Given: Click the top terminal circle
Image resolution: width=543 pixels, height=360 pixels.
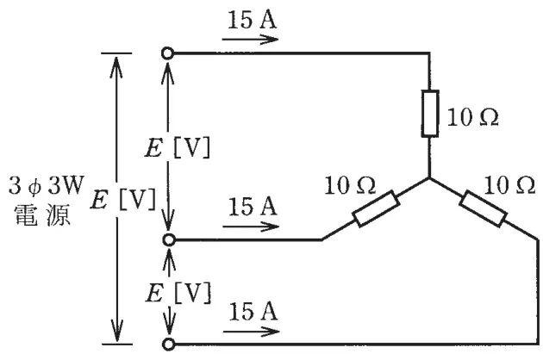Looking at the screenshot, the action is [167, 53].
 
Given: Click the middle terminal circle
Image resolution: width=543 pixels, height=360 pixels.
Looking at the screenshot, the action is [169, 239].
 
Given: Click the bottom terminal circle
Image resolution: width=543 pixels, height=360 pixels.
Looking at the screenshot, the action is [169, 344].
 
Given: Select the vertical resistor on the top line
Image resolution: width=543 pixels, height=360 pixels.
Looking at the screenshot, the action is [430, 114].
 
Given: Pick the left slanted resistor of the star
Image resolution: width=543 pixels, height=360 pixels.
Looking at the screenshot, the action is [376, 208].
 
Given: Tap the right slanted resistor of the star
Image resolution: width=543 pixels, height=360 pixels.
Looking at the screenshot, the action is [483, 208].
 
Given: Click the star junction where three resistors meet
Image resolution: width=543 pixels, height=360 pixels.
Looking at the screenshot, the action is [430, 178].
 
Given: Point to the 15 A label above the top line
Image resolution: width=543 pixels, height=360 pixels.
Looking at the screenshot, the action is [252, 20].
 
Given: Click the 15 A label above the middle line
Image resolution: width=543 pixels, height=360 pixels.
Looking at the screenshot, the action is [253, 207].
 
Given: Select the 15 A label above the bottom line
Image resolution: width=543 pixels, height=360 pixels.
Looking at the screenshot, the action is [253, 312].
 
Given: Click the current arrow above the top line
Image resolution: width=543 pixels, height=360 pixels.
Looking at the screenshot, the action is [250, 40].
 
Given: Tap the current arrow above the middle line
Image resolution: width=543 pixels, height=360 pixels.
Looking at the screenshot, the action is [251, 227].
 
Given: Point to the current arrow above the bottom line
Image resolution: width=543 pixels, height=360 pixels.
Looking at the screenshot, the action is [251, 332].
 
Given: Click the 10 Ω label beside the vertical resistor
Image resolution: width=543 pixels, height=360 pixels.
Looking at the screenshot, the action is [473, 117].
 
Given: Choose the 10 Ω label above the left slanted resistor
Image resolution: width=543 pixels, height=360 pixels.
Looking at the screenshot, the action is [350, 185].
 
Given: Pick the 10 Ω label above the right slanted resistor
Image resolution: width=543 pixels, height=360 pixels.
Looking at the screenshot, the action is [509, 185].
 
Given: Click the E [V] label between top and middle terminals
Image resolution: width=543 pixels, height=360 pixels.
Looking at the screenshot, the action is [178, 148].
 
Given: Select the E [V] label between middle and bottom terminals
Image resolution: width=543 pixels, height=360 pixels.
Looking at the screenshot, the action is [178, 293].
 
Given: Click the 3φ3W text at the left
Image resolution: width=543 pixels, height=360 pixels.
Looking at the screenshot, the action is [47, 185].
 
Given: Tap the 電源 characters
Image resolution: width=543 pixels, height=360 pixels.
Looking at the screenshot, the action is [42, 215].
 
